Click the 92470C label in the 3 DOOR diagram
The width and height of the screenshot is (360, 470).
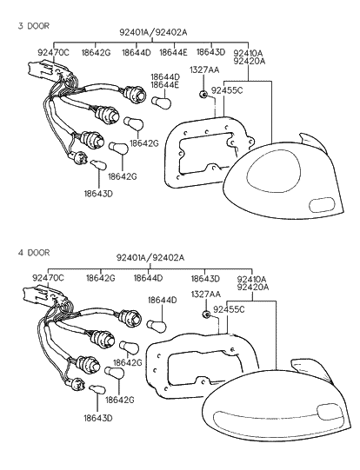click(x=53, y=52)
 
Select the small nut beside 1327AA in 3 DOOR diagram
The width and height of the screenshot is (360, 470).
click(x=203, y=94)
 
